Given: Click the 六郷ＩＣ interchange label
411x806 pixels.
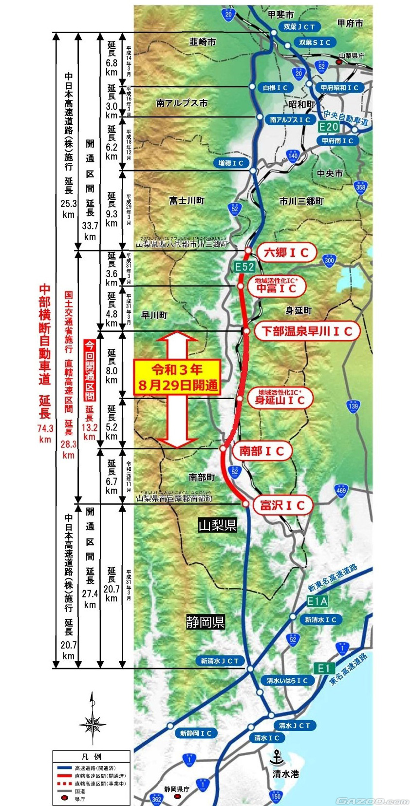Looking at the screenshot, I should pos(286,252).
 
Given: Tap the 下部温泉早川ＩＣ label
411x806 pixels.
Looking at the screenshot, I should pos(307,331).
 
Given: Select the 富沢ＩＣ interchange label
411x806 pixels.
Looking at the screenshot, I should pos(282,505).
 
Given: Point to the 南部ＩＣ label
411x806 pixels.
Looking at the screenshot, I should pos(262,451).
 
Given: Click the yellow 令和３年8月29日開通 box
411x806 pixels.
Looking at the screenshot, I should pos(177,377).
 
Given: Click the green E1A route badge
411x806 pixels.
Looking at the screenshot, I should pos(317,601).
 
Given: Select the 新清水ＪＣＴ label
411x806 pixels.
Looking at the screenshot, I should pos(220,661).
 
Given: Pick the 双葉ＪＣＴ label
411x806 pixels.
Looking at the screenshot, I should pos(299,27).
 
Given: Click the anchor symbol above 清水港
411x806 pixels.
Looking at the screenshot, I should pos(277,757).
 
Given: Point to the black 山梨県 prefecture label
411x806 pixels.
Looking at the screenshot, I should pos(217,525).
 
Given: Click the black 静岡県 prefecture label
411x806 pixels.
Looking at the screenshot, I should pos(205,622).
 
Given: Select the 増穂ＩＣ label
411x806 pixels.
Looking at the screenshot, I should pos(231,163).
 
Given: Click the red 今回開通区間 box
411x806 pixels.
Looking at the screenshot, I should pos(90,370).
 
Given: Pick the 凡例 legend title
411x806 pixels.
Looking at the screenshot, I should pos(92,757).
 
